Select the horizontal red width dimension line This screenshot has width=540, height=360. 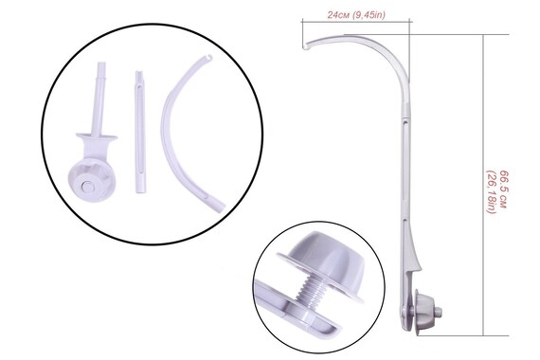point(358,25)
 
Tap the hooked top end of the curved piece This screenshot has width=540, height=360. point(203,60)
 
